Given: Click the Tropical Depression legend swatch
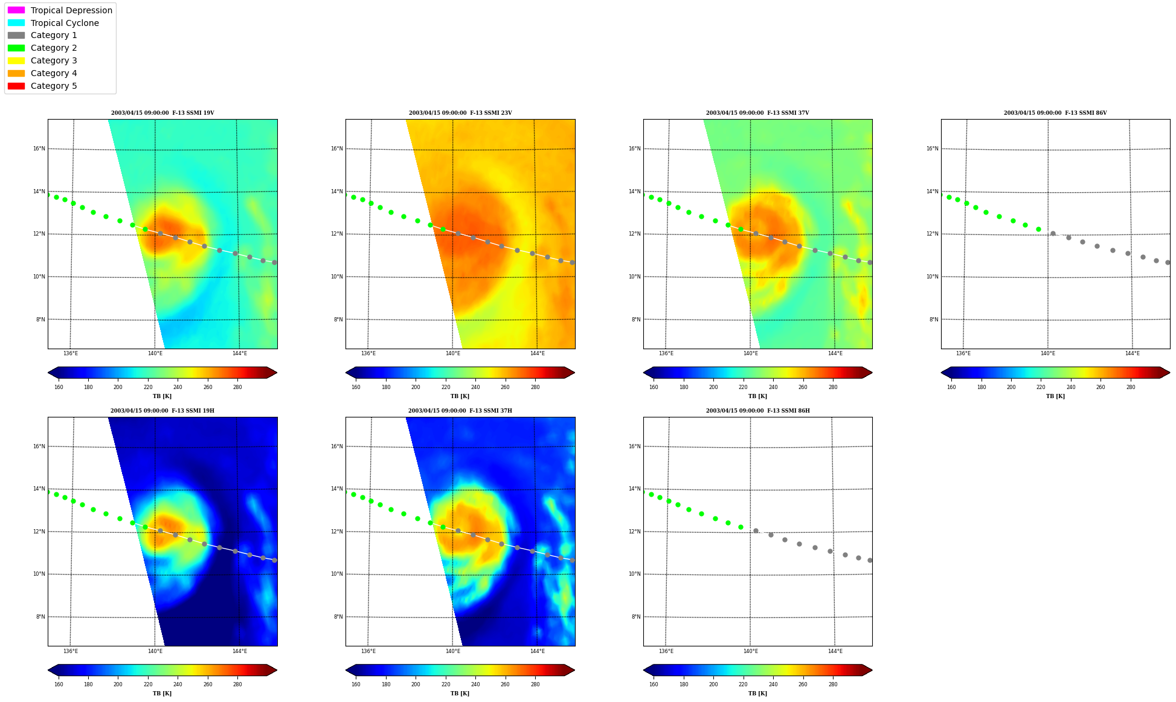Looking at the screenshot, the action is [x=16, y=10].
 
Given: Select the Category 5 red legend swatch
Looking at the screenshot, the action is [x=16, y=86].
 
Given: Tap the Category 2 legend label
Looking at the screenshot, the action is [x=54, y=48].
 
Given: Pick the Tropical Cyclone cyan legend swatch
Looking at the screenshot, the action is [x=16, y=23].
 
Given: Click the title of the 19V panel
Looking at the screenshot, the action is [x=162, y=113].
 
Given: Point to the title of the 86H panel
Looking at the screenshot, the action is [x=758, y=411].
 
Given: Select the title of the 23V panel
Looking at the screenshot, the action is [x=460, y=113].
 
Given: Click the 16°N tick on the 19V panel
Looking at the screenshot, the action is [x=39, y=149].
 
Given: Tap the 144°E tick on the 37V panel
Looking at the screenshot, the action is [x=835, y=353].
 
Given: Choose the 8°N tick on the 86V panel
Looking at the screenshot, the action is [x=934, y=320].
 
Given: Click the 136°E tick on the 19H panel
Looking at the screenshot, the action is [x=71, y=651].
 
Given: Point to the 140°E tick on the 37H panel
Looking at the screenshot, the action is [x=453, y=651].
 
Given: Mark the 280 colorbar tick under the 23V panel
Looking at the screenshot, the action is [x=535, y=387].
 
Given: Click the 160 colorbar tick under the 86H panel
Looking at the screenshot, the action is [x=654, y=684].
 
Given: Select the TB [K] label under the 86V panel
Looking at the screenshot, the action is [x=1056, y=396].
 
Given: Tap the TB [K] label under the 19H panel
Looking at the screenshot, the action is [x=162, y=694].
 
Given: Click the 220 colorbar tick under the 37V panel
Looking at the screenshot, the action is [x=743, y=387].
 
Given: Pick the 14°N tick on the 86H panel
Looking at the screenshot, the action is [x=635, y=489].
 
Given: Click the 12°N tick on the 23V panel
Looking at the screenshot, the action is [x=337, y=234].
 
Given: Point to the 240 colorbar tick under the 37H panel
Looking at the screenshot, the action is [x=475, y=684].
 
